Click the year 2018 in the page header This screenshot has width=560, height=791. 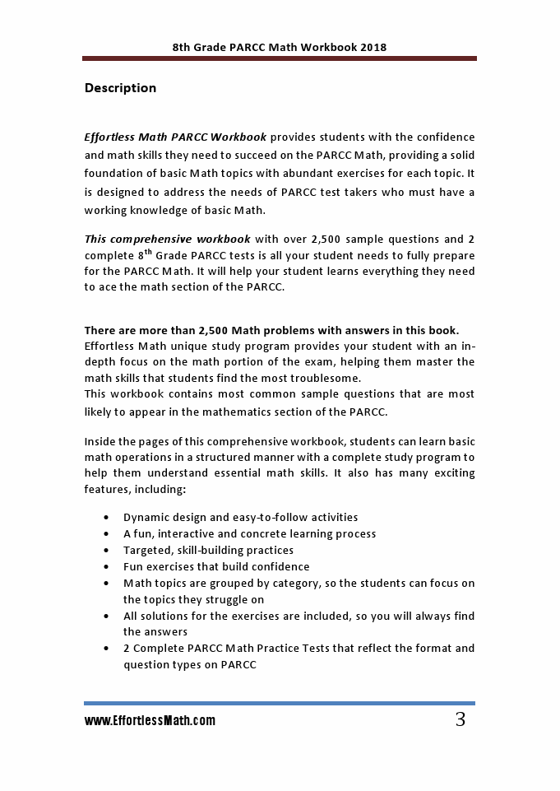click(373, 48)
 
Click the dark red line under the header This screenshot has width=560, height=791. click(280, 58)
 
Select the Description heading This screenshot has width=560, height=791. click(120, 88)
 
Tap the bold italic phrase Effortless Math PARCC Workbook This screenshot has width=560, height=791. click(175, 137)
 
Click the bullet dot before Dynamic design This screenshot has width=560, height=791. click(107, 518)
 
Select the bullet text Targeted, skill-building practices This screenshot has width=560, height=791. click(208, 550)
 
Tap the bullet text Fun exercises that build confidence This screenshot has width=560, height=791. click(216, 566)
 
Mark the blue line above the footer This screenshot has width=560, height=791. click(280, 703)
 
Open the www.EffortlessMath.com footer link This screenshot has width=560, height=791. click(150, 721)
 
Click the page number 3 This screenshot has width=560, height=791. click(460, 720)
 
